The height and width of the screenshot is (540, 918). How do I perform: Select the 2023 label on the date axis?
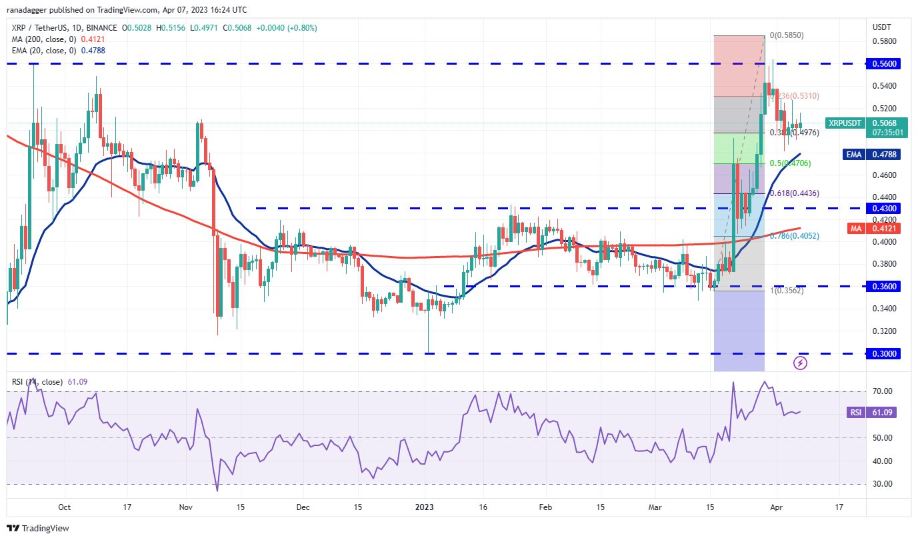pyautogui.click(x=425, y=507)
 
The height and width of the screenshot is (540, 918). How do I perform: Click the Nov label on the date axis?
pyautogui.click(x=186, y=507)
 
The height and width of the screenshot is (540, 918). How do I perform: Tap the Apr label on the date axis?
pyautogui.click(x=776, y=507)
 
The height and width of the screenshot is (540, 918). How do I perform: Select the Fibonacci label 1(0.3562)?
pyautogui.click(x=787, y=291)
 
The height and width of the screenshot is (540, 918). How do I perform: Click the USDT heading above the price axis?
pyautogui.click(x=882, y=27)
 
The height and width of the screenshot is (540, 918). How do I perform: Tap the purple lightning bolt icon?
pyautogui.click(x=801, y=363)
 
